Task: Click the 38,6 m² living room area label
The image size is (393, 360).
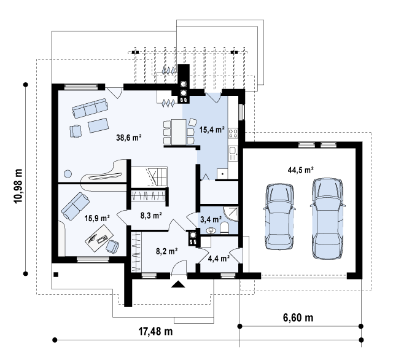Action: point(129,138)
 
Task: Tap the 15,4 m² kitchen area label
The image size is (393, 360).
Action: point(212,130)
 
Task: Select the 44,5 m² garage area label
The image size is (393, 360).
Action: point(300,170)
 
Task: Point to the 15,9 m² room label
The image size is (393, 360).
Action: point(97,218)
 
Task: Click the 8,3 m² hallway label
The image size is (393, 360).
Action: point(151,215)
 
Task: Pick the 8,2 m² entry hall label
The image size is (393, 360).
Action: point(167,251)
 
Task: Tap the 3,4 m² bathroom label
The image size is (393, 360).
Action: point(211,219)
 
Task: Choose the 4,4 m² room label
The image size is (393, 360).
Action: point(219,258)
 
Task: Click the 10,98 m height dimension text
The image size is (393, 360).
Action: point(18,186)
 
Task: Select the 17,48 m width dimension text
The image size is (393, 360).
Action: point(155,331)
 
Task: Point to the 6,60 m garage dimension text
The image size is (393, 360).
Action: point(298,318)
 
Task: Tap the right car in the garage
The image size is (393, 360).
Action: point(327,218)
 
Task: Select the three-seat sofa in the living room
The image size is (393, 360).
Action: point(90,108)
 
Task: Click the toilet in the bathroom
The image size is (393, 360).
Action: point(224,228)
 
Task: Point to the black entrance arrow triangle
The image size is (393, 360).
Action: point(179,284)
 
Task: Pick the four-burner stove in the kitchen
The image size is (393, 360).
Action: point(233,133)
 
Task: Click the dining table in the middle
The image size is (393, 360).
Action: point(179,132)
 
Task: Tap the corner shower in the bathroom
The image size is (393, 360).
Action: point(231,214)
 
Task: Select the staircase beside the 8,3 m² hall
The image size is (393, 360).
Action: point(149,176)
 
